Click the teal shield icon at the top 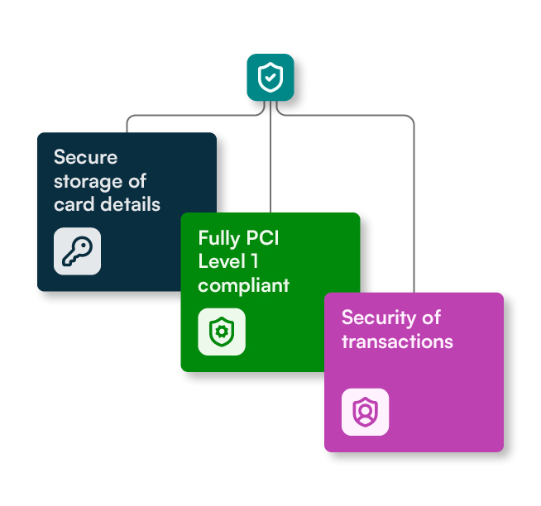click(x=270, y=77)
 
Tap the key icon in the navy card click(x=77, y=251)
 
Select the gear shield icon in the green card click(x=222, y=332)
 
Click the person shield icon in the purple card click(x=365, y=412)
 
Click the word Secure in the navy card click(x=85, y=157)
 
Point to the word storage click(x=88, y=182)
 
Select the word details click(x=130, y=204)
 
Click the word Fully click(x=219, y=239)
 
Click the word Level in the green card click(x=222, y=261)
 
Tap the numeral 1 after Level click(x=255, y=261)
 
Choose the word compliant click(x=243, y=286)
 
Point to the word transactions click(x=397, y=341)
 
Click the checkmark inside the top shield click(x=270, y=77)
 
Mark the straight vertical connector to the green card click(x=270, y=157)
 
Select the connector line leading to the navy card click(x=194, y=115)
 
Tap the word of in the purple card click(x=431, y=317)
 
